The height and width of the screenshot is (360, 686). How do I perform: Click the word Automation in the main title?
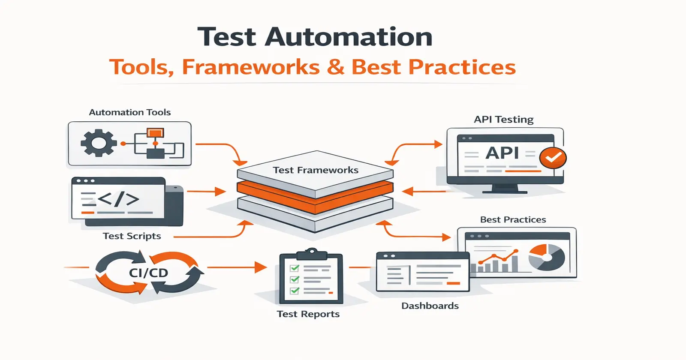click(x=349, y=37)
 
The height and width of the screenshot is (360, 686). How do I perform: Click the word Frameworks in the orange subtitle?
click(x=251, y=67)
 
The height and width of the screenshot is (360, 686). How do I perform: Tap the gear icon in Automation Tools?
click(x=99, y=143)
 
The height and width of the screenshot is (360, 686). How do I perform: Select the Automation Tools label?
click(x=129, y=112)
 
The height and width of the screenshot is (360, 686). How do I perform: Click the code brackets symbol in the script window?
click(x=118, y=199)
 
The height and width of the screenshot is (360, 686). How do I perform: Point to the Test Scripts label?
click(x=132, y=236)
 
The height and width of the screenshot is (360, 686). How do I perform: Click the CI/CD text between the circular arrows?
click(x=148, y=273)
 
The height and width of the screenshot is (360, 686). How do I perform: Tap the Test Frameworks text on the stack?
click(x=316, y=170)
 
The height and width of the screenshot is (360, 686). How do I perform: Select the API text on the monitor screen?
click(x=502, y=153)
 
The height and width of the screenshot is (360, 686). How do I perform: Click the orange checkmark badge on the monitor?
click(x=553, y=158)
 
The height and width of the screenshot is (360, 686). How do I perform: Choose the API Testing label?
click(x=503, y=120)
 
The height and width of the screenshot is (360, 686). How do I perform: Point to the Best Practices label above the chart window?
click(x=513, y=220)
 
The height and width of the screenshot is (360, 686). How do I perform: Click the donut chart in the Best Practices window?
click(x=546, y=257)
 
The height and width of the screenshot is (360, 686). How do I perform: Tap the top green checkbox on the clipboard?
click(x=295, y=268)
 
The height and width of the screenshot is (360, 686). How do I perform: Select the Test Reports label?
click(x=308, y=314)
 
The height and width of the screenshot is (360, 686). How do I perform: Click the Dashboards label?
click(x=430, y=306)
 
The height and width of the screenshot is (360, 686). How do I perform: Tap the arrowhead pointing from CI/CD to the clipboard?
click(x=260, y=267)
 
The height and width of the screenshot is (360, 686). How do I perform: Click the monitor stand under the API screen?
click(x=505, y=189)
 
